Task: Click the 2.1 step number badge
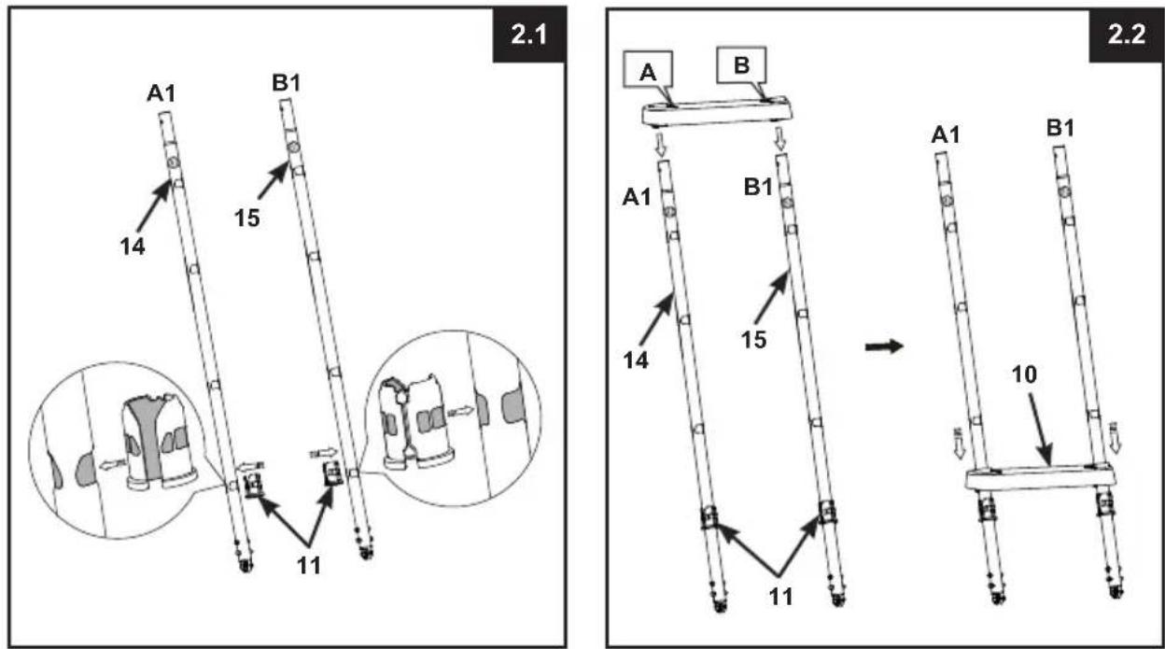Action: coord(529,35)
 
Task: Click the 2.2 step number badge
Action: coord(1126,35)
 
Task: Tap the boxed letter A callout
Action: coord(648,69)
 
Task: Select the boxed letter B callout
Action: coord(741,65)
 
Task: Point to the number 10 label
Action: coord(1023,374)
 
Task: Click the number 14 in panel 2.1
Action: coord(133,247)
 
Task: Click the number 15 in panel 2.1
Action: coord(246,219)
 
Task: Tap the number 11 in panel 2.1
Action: coord(309,565)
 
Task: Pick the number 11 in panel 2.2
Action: coord(780,597)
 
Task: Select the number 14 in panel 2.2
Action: coord(636,360)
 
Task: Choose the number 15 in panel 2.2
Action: coord(753,340)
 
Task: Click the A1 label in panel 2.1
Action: coord(161,93)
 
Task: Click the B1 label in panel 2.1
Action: coord(286,83)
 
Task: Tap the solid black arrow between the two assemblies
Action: coord(884,346)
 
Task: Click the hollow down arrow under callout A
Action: coord(661,145)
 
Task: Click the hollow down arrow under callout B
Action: coord(779,140)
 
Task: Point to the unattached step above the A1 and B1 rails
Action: coord(717,111)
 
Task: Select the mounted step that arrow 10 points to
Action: coord(1040,477)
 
